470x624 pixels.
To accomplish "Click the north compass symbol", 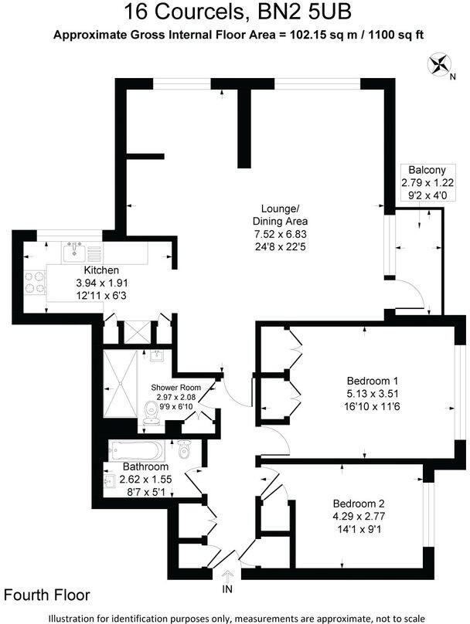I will click(442, 64).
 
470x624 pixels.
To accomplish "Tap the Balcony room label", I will click(422, 171).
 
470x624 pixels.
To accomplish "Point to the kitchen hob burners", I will click(36, 283).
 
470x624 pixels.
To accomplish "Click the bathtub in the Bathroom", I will click(136, 450).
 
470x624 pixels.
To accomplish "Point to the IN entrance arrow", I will click(227, 580).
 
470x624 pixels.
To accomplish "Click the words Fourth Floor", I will click(47, 595).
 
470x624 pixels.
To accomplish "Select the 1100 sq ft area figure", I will click(394, 35).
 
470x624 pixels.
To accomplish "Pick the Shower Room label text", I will click(175, 387).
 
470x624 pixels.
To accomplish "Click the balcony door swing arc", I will click(408, 294).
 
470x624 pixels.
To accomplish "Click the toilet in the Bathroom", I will click(182, 449).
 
